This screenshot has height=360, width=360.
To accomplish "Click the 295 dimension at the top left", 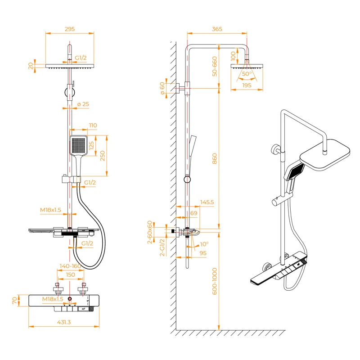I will click(70, 29).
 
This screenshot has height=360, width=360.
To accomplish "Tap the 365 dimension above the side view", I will click(217, 29).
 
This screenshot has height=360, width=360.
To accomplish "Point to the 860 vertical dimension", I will click(215, 158).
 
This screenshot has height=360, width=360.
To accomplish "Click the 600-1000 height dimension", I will click(215, 281).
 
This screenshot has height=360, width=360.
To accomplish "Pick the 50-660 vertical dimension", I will click(215, 66).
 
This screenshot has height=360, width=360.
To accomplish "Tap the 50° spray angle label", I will click(247, 73).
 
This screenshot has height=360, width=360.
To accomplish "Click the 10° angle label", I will click(204, 244).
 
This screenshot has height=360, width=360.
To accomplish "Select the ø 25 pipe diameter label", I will click(83, 104).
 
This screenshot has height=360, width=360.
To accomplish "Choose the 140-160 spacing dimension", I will click(70, 266).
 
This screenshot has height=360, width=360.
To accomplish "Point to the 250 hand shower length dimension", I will click(102, 156).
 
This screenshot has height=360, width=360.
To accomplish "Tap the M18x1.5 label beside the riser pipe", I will click(50, 210).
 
